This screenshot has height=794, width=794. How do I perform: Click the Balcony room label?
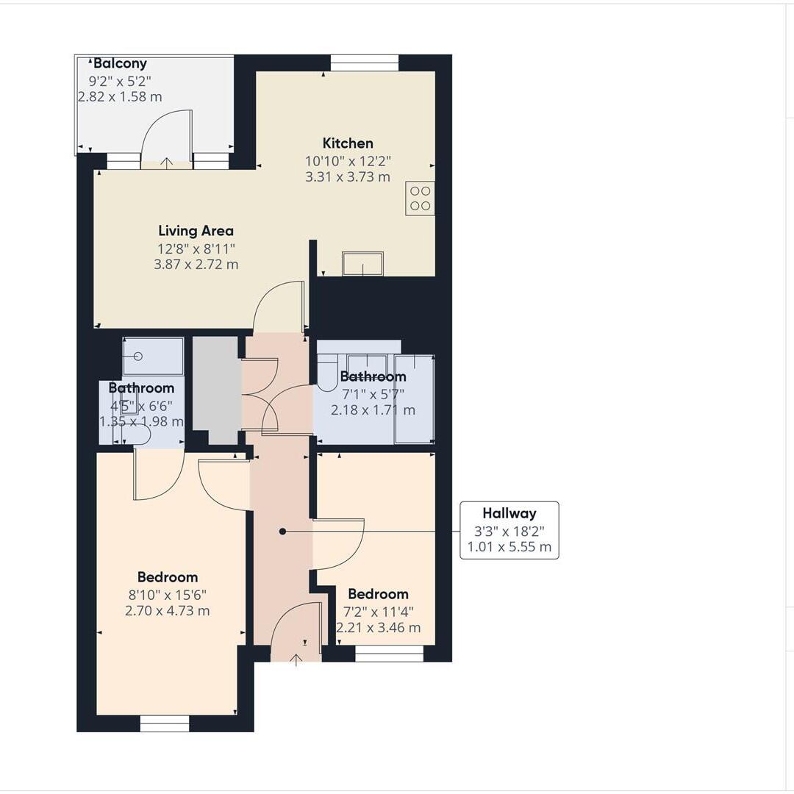tap(120, 64)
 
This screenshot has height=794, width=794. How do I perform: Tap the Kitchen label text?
tap(348, 143)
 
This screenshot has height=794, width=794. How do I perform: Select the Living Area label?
tap(196, 231)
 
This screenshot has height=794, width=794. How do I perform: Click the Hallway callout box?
tap(509, 530)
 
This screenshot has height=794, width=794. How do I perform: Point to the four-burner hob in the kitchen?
tap(420, 198)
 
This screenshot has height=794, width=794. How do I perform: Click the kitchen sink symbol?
tap(362, 263)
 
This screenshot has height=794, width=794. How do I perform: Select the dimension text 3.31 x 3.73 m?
tap(348, 177)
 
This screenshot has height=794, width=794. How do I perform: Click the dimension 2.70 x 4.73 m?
tap(167, 611)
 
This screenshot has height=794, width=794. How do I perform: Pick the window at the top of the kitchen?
tap(364, 63)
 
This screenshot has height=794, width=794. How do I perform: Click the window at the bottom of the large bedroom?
tap(165, 724)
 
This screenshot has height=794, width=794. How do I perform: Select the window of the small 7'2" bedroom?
tap(389, 653)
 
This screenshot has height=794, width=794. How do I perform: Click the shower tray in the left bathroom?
tap(153, 357)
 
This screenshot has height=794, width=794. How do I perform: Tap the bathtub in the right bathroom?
tap(414, 399)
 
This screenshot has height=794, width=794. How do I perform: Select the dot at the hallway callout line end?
tap(283, 531)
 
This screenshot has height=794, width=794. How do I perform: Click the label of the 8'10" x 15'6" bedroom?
tap(167, 577)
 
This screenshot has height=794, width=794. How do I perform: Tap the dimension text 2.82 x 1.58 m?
tap(120, 97)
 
